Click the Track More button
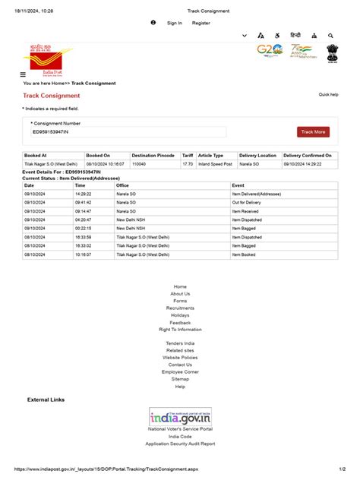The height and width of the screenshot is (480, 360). tap(313, 132)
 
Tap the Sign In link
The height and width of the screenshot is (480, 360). tap(175, 23)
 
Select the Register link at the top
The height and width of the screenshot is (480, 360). tap(201, 23)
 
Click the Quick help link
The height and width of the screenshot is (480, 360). tap(328, 95)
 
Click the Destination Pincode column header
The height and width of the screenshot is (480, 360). tap(153, 155)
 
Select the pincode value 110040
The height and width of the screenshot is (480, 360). tap(139, 163)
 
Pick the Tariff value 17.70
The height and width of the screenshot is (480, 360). tap(187, 163)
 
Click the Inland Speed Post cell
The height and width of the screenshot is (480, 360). tap(215, 163)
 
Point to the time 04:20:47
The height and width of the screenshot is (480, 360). tap(83, 219)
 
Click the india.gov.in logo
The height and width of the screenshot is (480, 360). tap(180, 417)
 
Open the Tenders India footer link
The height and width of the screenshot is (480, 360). tap(180, 343)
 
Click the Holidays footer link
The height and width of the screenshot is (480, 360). tap(180, 315)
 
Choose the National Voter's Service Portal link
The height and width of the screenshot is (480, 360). tap(180, 429)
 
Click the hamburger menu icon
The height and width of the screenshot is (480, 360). tap(23, 74)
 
